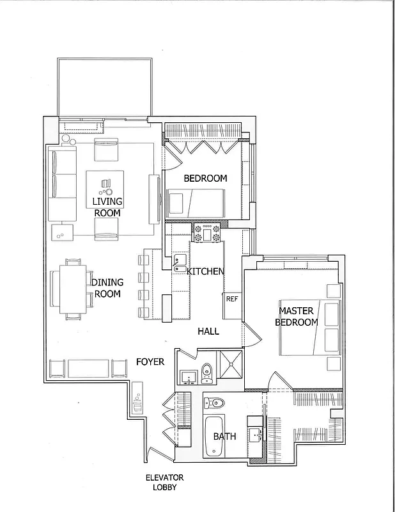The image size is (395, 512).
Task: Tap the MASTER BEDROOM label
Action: (x=296, y=316)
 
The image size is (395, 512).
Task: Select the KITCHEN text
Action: (x=205, y=271)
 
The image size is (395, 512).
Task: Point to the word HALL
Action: (x=208, y=331)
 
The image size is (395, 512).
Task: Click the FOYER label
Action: (x=150, y=362)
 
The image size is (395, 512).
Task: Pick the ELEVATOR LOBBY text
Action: (x=164, y=482)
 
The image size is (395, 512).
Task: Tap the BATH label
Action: (x=224, y=436)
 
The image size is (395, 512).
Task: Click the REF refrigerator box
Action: (x=231, y=298)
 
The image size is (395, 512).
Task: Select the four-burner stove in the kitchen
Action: (x=207, y=233)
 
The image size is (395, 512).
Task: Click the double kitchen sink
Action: (x=180, y=263)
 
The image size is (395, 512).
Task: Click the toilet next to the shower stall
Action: (x=206, y=372)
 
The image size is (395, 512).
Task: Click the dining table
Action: (x=70, y=289)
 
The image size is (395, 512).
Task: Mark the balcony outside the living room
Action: (x=105, y=87)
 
